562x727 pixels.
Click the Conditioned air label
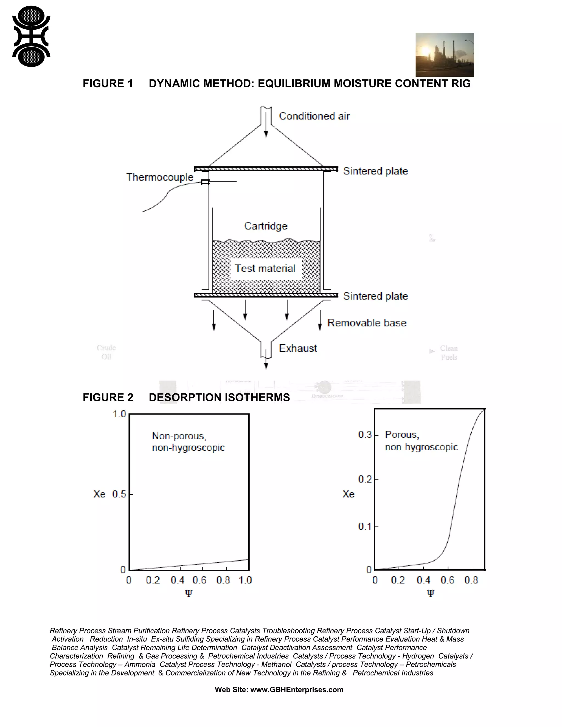tap(314, 116)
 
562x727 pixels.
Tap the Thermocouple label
tap(160, 177)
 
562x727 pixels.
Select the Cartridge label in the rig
tap(266, 226)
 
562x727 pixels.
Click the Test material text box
tap(265, 269)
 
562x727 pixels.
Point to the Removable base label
tap(367, 323)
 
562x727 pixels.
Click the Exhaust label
tap(298, 348)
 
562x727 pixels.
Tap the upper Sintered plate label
tap(376, 171)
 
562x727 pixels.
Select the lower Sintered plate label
tap(376, 296)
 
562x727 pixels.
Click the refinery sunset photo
tap(445, 55)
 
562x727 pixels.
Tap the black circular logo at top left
tap(31, 36)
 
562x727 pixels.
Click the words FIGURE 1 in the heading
tap(108, 84)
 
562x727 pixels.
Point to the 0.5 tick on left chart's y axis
tap(119, 494)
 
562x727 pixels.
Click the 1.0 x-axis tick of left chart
tap(245, 580)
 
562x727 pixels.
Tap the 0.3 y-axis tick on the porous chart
tap(365, 435)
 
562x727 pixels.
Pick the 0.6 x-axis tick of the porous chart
tap(448, 580)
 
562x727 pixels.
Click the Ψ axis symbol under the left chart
tap(189, 593)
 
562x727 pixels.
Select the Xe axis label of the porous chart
tap(348, 494)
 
